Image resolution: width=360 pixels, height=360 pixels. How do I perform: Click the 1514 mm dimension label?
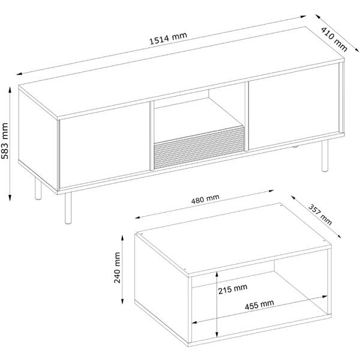pyautogui.click(x=168, y=38)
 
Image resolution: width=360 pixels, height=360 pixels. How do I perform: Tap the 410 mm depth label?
pyautogui.click(x=334, y=39)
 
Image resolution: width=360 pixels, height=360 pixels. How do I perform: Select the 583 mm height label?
pyautogui.click(x=5, y=141)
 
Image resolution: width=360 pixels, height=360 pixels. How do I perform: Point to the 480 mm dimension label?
pyautogui.click(x=205, y=199)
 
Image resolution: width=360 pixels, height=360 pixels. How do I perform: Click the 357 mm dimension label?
pyautogui.click(x=320, y=214)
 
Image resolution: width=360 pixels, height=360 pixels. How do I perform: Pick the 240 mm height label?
pyautogui.click(x=117, y=268)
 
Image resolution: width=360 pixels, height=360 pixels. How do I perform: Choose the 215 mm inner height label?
pyautogui.click(x=233, y=289)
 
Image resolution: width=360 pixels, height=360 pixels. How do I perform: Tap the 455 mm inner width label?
pyautogui.click(x=259, y=305)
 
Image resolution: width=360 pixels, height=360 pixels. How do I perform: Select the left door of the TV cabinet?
pyautogui.click(x=104, y=145)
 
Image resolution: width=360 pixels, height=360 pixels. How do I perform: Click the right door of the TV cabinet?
pyautogui.click(x=294, y=107)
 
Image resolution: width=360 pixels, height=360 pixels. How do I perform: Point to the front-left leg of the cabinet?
pyautogui.click(x=68, y=208)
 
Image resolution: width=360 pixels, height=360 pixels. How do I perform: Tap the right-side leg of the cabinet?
pyautogui.click(x=325, y=155)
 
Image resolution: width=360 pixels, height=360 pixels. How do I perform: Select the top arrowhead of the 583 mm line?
pyautogui.click(x=10, y=90)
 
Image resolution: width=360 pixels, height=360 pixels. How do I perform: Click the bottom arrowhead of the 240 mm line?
pyautogui.click(x=122, y=301)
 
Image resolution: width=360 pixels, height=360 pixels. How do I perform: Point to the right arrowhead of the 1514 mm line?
pyautogui.click(x=303, y=17)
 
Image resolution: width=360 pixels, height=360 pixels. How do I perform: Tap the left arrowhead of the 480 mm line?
pyautogui.click(x=138, y=217)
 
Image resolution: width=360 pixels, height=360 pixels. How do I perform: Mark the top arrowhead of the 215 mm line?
pyautogui.click(x=217, y=275)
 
